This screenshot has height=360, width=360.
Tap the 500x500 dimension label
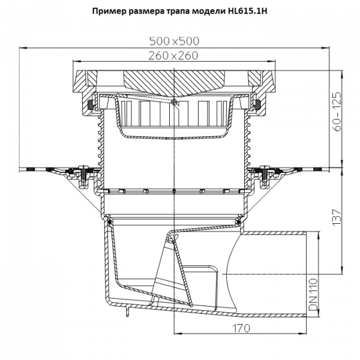point(174,41)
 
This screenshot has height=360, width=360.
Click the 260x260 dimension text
point(173,56)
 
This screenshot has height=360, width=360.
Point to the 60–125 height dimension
point(337,112)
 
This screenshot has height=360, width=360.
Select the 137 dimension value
point(337,217)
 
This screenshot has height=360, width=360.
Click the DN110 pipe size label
point(313,295)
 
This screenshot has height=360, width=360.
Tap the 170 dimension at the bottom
point(241,329)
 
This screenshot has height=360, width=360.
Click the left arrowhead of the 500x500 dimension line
point(23,48)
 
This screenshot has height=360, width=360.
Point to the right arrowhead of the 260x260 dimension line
point(272,61)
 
